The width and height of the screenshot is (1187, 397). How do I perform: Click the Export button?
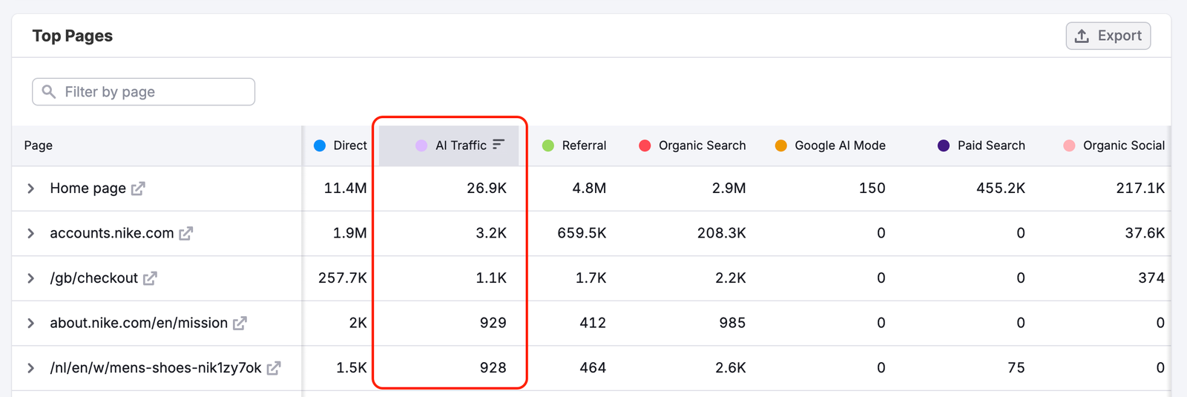coord(1108,36)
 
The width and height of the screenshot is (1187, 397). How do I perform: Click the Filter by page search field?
coord(144,92)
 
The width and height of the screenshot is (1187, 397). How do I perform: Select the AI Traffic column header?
coord(460,145)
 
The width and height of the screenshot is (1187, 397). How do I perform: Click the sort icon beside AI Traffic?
coord(499,144)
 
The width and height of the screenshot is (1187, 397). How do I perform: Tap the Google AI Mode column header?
coord(839,145)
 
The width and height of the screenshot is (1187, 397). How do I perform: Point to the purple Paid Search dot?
coord(944,145)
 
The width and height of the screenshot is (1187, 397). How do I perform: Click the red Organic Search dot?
coord(645,145)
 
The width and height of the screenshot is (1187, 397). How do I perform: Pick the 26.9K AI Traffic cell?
coord(487,188)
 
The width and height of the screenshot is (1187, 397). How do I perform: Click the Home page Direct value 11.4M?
coord(345,188)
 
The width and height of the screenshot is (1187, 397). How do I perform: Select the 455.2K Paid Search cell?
coord(1000,188)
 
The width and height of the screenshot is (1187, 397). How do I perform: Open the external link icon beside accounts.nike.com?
coord(186,234)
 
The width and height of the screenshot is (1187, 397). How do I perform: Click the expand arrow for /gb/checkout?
coord(30,278)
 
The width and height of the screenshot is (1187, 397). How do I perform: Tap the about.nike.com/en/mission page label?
coord(139,323)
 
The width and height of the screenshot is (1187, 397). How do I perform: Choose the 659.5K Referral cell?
coord(582,233)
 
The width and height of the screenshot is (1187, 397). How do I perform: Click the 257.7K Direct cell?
coord(342,278)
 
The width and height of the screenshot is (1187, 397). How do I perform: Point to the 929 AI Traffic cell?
coord(493,323)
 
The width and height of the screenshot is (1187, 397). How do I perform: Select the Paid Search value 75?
coord(1016,368)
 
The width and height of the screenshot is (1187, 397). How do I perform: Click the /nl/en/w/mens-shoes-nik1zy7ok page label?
coord(156,368)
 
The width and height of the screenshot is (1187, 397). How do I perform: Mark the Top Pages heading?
coord(73,36)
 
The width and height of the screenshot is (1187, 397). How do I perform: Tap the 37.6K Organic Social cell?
coord(1144,233)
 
